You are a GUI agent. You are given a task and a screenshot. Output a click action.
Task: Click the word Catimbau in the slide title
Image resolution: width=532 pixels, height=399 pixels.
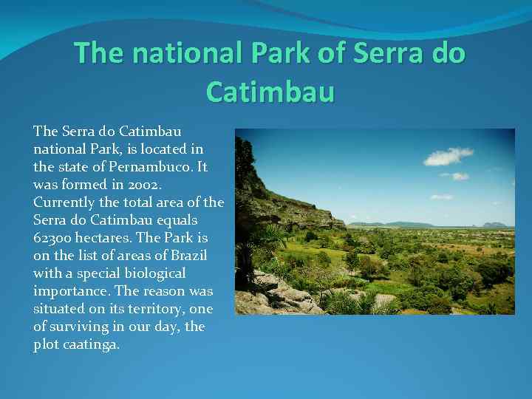(x=270, y=92)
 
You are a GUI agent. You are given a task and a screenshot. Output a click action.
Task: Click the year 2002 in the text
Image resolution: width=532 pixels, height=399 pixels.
(x=127, y=185)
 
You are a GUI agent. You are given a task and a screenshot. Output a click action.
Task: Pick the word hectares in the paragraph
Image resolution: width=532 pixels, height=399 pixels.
(x=106, y=238)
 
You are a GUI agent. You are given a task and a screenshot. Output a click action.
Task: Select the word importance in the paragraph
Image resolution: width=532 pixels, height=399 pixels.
(x=68, y=291)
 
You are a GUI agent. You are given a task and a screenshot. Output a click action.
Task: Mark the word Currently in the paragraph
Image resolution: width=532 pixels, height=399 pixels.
(x=64, y=202)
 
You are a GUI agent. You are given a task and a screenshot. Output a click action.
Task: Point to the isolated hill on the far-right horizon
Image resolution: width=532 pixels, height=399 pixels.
(x=494, y=224)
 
